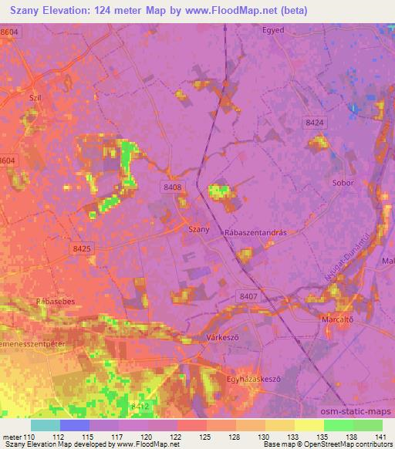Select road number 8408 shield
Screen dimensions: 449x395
[172, 187]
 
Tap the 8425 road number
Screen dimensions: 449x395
[80, 248]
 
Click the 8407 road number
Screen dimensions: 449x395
[248, 295]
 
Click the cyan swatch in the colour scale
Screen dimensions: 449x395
[46, 425]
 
